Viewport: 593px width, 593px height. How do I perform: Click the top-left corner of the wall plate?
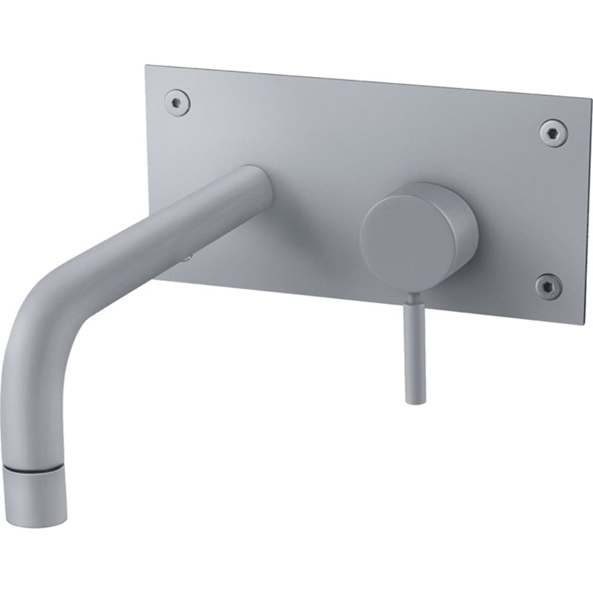coord(146,67)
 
